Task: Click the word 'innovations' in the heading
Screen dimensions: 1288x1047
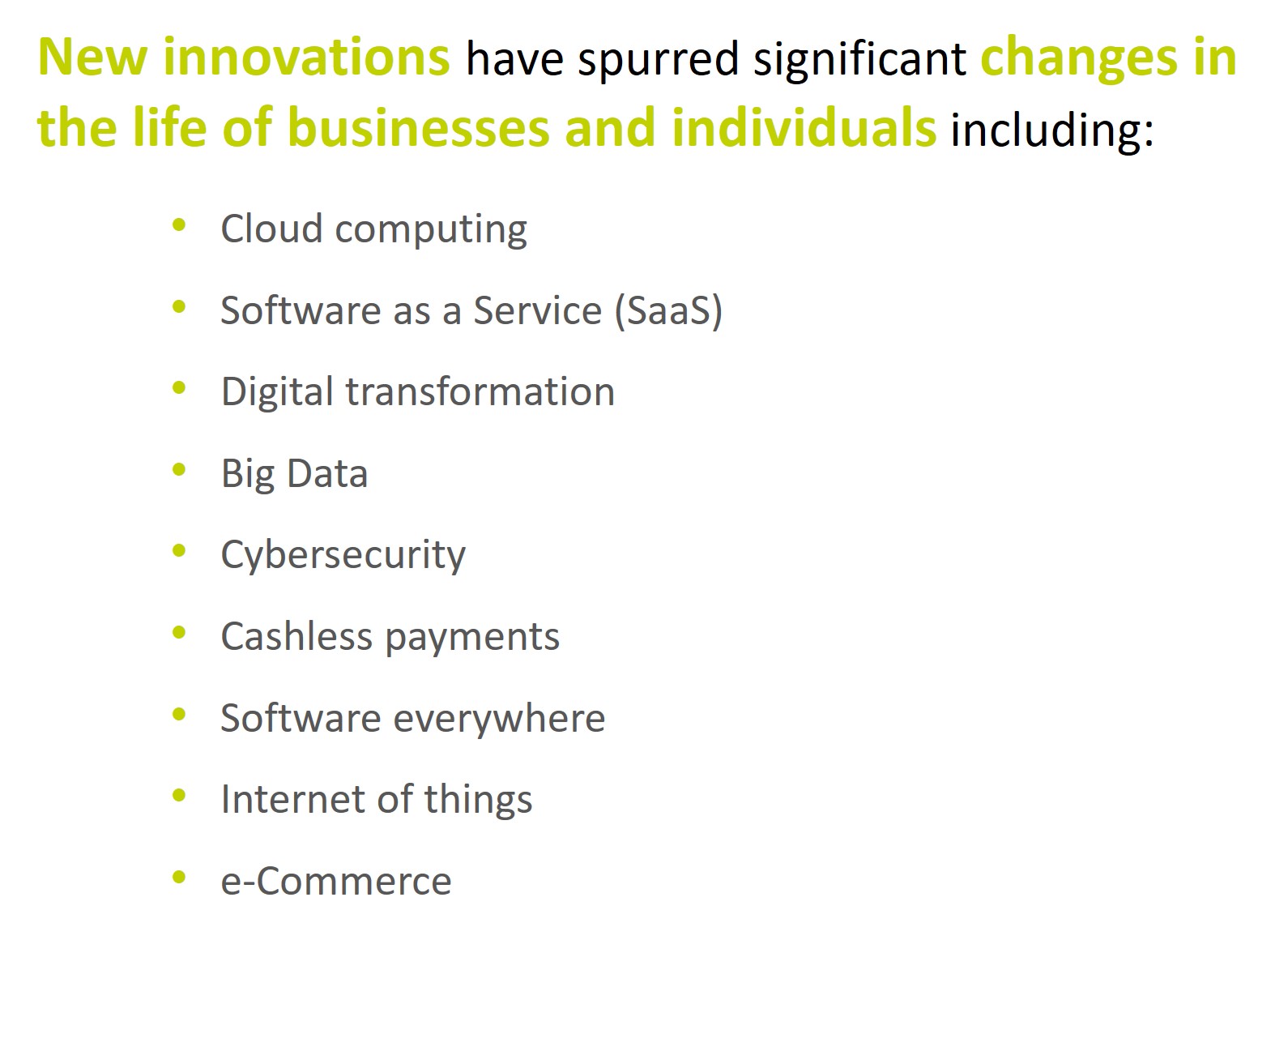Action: pos(306,57)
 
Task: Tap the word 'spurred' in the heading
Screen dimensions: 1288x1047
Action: pos(658,62)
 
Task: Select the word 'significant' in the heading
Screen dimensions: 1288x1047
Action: pos(859,60)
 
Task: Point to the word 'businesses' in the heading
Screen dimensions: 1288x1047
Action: pos(419,127)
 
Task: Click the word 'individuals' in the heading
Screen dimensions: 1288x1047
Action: pos(804,127)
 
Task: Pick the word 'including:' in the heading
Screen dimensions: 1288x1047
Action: pos(1052,130)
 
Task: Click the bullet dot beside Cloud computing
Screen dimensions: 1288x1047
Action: pos(178,225)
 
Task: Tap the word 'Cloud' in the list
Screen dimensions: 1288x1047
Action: pos(271,229)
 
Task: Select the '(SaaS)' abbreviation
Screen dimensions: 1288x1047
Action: pos(668,311)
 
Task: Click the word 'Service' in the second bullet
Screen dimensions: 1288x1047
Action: pos(538,311)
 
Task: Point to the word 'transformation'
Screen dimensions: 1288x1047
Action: pos(480,392)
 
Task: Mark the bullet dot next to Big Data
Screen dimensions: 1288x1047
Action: pos(178,469)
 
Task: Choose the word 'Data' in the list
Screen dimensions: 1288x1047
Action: pos(327,473)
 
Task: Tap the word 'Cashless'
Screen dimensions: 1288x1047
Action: pos(297,636)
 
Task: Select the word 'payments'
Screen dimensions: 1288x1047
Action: pos(472,639)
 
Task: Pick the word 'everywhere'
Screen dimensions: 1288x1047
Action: pos(499,719)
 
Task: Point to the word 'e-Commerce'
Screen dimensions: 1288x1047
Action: pos(336,881)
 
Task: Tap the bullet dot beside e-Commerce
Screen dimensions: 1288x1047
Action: pos(178,877)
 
